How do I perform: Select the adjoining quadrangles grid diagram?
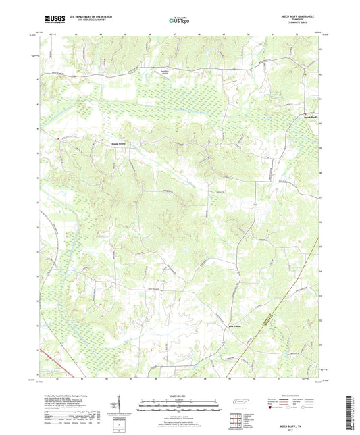pyautogui.click(x=236, y=420)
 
